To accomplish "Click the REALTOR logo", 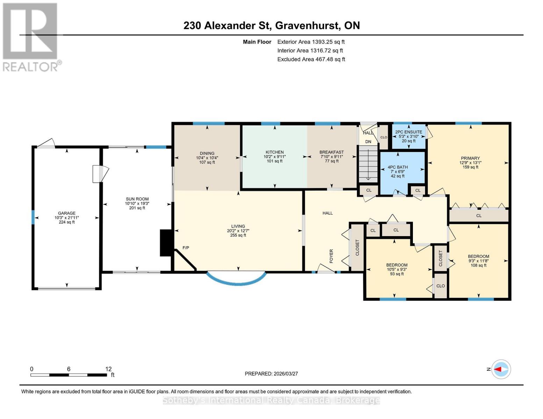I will point(31,37).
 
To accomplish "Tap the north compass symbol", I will point(501,369).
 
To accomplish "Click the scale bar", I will point(69,375).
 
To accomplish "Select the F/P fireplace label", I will point(186,248).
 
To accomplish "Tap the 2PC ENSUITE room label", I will point(408,132).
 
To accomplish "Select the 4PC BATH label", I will point(398,167).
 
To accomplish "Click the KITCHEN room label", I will point(274,152).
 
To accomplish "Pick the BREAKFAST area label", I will point(331,152).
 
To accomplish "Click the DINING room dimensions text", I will point(207,158).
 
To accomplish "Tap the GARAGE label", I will point(66,213).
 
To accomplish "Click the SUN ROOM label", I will point(137,199).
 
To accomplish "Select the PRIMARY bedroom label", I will point(470,158).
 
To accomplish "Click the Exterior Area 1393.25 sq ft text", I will point(311,42).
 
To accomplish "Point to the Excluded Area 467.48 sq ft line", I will point(311,59).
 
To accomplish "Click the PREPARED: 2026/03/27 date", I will point(271,374).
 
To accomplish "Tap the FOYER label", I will point(331,256).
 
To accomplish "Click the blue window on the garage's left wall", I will point(33,217).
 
